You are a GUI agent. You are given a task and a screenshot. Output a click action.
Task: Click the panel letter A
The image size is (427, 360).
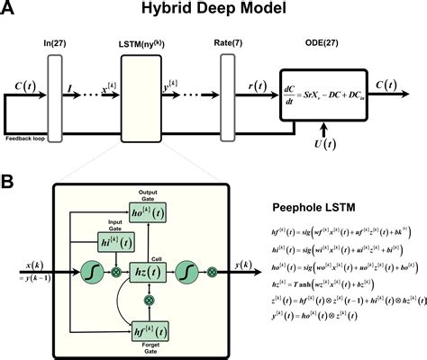pyautogui.click(x=11, y=11)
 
